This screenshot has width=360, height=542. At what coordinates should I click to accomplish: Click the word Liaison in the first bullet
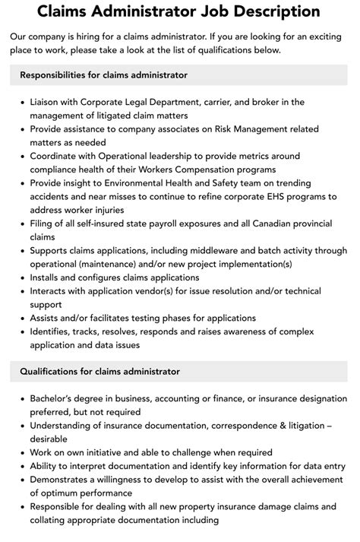pyautogui.click(x=48, y=102)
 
